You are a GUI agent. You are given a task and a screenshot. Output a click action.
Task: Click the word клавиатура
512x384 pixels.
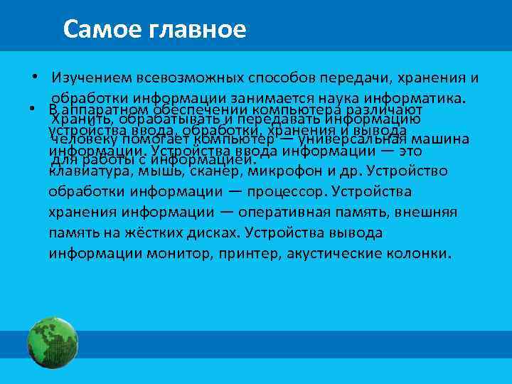click(x=87, y=171)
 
